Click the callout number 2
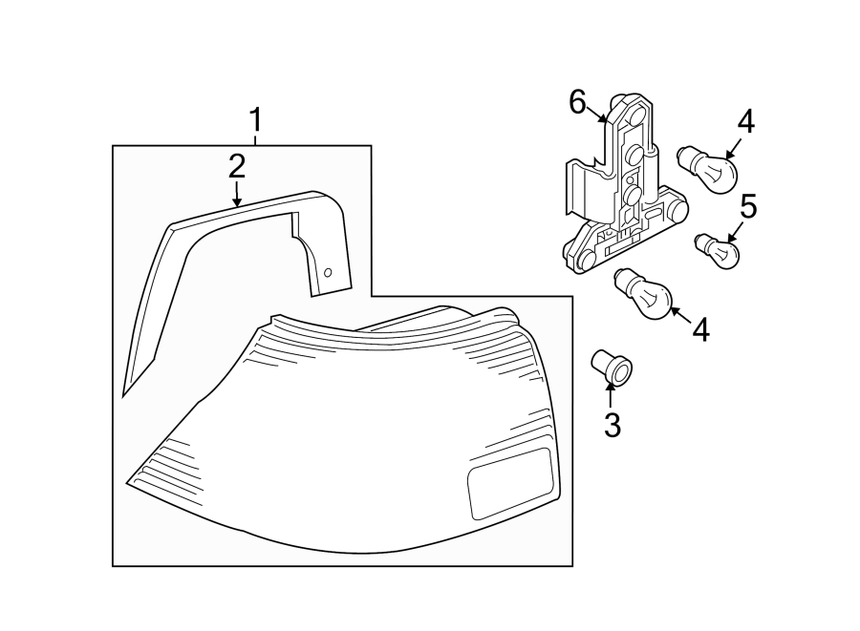coord(236,167)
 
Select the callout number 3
coord(612,425)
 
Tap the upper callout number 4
coord(744,122)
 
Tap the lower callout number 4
coord(701,330)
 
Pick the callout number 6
coord(577,101)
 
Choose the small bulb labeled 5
coord(719,250)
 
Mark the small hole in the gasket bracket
coord(328,272)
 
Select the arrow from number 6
coord(599,116)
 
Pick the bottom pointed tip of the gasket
coord(124,393)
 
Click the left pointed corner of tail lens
coord(127,480)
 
